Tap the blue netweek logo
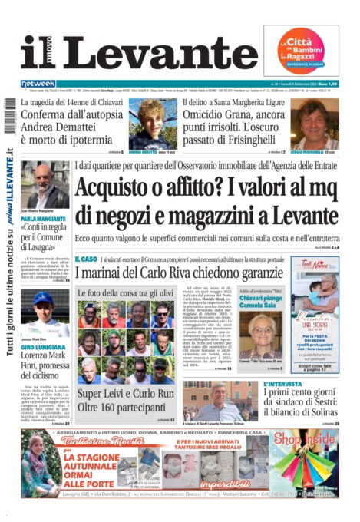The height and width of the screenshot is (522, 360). coord(38,84)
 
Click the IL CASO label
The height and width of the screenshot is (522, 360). coord(86,260)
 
